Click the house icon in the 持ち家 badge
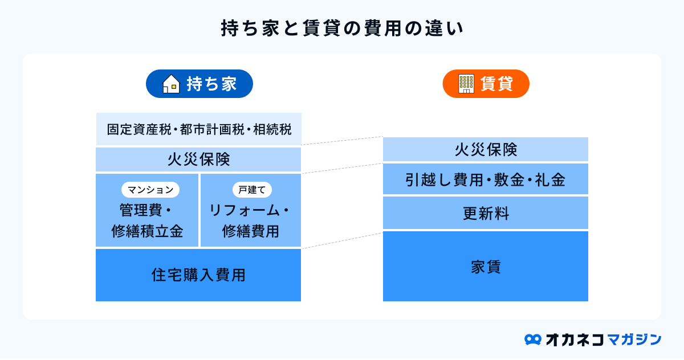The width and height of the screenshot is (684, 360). (171, 84)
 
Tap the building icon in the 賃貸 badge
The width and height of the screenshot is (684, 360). (466, 84)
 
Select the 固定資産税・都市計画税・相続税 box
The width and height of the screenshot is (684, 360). (199, 129)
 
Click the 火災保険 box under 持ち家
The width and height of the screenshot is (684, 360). (198, 159)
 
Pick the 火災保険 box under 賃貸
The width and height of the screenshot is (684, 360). (486, 149)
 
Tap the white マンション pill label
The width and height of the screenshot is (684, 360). (150, 190)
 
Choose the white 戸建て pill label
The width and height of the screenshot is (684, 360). (252, 190)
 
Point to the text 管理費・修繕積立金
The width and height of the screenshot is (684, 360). (147, 220)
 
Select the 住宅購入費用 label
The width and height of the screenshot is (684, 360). (198, 275)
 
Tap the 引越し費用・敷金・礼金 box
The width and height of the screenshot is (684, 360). (486, 179)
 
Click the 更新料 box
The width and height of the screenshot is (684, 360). (486, 212)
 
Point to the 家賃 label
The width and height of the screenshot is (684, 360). (486, 267)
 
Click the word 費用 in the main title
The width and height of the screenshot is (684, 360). (382, 28)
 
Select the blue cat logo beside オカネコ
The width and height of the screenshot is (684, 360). (533, 339)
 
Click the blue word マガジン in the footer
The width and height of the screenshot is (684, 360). (634, 339)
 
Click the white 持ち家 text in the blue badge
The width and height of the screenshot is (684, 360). (211, 84)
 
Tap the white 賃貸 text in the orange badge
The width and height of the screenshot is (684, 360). (496, 84)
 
